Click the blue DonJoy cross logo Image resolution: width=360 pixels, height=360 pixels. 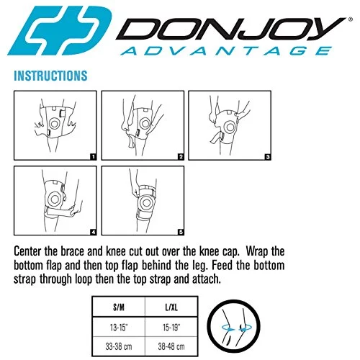point(60,30)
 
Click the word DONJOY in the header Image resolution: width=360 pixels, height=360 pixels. point(231,28)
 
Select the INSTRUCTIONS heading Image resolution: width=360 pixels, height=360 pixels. point(50,76)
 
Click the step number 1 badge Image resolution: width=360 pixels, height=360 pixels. point(93,157)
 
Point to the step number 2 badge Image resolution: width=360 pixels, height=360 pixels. point(181,157)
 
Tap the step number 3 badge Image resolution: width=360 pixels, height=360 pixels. point(268,157)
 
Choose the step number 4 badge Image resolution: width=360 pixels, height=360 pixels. point(93,232)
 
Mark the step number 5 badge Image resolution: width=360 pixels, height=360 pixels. point(181,232)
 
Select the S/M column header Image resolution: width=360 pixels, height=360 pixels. point(119,307)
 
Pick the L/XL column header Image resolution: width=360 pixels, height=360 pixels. point(171,307)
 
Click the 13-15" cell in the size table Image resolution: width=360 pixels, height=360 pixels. point(119,328)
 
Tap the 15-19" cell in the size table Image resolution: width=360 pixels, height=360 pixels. point(171,328)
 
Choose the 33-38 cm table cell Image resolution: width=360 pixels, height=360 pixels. point(119,346)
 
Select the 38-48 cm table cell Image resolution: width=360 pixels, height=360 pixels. point(171,346)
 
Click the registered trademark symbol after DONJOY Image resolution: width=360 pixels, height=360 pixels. point(350,19)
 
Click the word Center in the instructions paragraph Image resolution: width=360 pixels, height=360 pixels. point(27,251)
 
